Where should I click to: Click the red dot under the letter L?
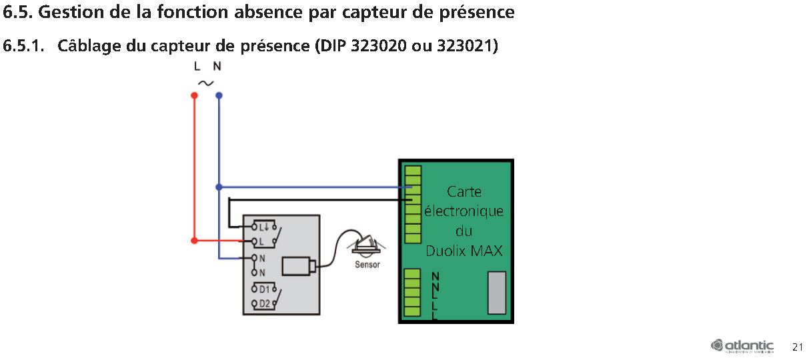(194, 95)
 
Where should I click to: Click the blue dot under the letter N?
(219, 95)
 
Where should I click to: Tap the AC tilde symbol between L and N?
(206, 83)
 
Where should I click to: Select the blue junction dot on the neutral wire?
(219, 187)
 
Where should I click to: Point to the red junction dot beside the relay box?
(194, 240)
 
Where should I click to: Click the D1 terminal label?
(265, 289)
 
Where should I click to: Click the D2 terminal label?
(265, 303)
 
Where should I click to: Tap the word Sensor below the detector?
(367, 265)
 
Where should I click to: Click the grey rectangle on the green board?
(497, 293)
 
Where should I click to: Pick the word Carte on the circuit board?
(464, 192)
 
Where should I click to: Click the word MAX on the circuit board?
(486, 251)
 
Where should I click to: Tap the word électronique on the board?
(464, 212)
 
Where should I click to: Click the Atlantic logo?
(742, 346)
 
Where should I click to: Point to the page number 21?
(798, 347)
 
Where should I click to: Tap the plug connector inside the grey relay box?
(297, 266)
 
